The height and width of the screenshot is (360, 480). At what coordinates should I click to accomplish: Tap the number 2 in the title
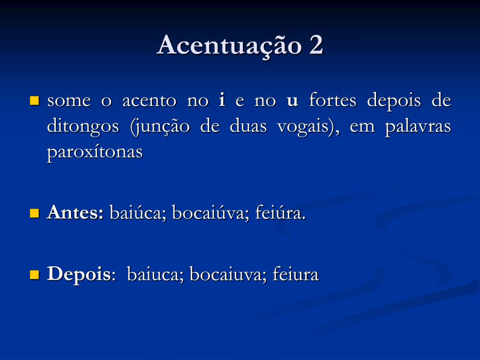pos(316,46)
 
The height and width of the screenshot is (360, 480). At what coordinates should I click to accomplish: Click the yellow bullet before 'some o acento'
pos(34,100)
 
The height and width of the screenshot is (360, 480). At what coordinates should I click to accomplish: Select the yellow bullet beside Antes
pos(34,213)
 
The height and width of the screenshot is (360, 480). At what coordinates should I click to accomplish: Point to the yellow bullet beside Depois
pos(34,274)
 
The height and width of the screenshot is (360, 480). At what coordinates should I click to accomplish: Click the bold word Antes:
pos(75,213)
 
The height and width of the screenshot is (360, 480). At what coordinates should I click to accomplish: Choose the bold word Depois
pos(78,275)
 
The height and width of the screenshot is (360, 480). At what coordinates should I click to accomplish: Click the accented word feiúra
pos(280,214)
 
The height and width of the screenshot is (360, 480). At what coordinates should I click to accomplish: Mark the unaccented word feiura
pos(296,275)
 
